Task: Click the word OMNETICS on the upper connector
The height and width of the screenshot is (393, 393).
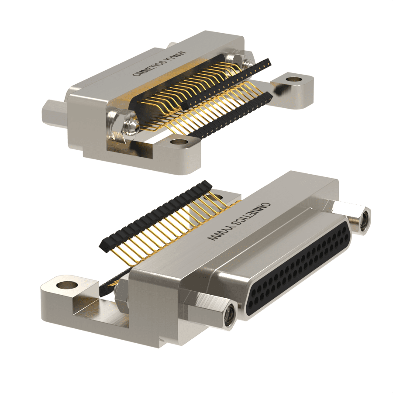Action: [148, 68]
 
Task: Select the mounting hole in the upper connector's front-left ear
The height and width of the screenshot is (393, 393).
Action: [179, 142]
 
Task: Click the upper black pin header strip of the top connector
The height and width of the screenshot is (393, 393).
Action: [226, 84]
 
